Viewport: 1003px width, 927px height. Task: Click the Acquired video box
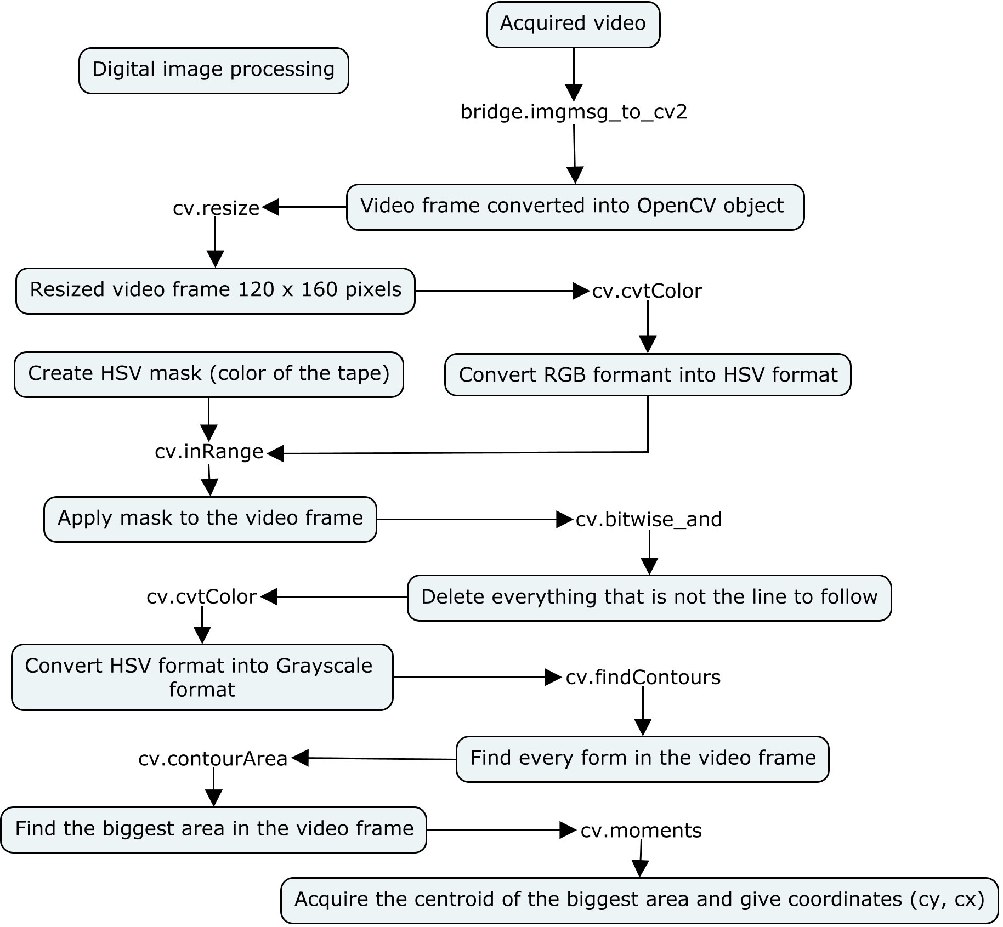coord(573,24)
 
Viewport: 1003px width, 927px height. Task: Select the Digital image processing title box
coord(213,70)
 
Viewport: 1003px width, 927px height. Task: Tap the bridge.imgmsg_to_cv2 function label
coord(574,112)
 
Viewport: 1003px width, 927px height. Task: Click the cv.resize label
coord(216,208)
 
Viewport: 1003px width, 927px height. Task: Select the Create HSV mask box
coord(208,374)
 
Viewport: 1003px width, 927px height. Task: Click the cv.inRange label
coord(209,452)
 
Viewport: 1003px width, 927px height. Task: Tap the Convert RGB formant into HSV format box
coord(648,376)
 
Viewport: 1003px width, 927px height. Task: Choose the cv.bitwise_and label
coord(649,520)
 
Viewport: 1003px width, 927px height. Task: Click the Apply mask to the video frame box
coord(210,519)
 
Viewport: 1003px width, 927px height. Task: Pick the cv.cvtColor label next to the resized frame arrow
coord(647,292)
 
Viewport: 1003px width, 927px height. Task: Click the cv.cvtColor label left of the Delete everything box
coord(201,597)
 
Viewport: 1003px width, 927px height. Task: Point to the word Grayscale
coord(324,666)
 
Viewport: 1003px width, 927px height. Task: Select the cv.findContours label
coord(643,678)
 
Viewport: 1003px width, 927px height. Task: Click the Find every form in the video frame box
coord(642,759)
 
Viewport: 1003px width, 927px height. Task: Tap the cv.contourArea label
coord(213,759)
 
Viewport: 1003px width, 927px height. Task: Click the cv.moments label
coord(641,831)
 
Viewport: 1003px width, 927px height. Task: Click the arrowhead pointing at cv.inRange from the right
coord(275,453)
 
